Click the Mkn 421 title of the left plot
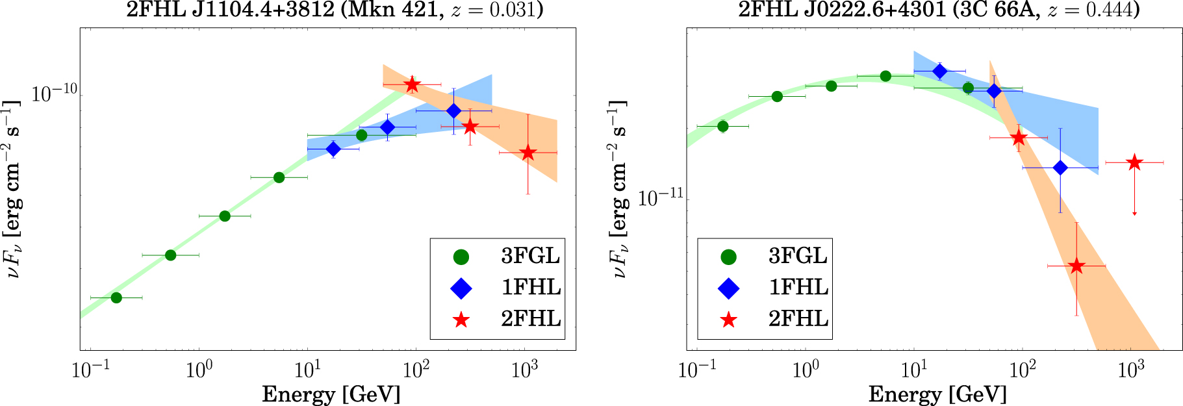pyautogui.click(x=334, y=10)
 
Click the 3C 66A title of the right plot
pyautogui.click(x=938, y=10)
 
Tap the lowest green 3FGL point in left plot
pyautogui.click(x=116, y=298)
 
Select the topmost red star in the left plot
pyautogui.click(x=412, y=85)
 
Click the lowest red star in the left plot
pyautogui.click(x=528, y=153)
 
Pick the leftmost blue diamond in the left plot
pyautogui.click(x=333, y=149)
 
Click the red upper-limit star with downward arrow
pyautogui.click(x=1134, y=162)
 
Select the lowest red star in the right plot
pyautogui.click(x=1076, y=266)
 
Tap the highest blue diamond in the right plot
pyautogui.click(x=939, y=71)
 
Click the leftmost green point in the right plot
pyautogui.click(x=723, y=126)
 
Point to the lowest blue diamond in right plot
pyautogui.click(x=1060, y=168)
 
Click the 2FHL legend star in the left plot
pyautogui.click(x=461, y=320)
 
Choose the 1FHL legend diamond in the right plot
pyautogui.click(x=729, y=288)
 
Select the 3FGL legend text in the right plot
pyautogui.click(x=798, y=256)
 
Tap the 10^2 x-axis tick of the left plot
pyautogui.click(x=416, y=370)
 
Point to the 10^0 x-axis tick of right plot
pyautogui.click(x=806, y=370)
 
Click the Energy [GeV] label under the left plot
pyautogui.click(x=331, y=394)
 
